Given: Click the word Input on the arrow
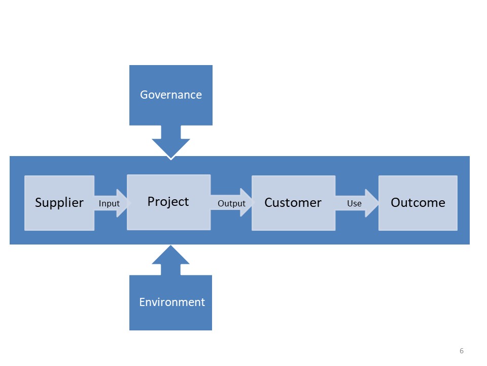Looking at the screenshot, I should coord(109,203).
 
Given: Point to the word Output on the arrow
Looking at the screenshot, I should coord(231,203).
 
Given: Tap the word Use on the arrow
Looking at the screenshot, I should coord(354,203).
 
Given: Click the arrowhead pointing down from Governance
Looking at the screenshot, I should coord(171,147).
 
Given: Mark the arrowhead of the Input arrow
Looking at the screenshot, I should coord(123,203).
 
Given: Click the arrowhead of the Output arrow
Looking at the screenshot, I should coord(247,203).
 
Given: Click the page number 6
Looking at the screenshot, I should coord(461,351).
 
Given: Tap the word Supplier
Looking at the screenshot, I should coord(59,203).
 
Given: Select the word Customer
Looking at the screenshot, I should coord(293,203).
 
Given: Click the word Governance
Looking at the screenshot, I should coord(171,95).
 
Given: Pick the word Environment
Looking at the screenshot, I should coord(172,302).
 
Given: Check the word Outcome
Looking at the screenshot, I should coord(418,203).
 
